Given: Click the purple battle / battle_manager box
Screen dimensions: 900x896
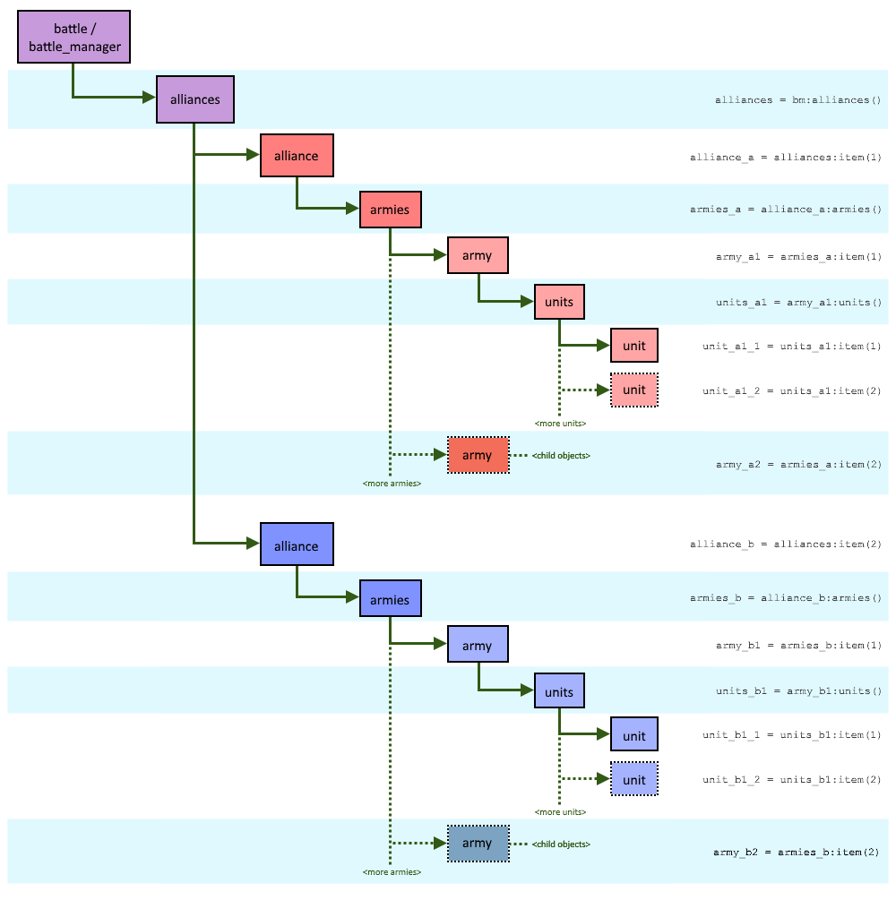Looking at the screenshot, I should [x=74, y=38].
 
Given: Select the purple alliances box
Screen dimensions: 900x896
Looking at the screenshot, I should [x=195, y=99].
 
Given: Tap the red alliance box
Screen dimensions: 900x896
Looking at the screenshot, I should [x=297, y=156].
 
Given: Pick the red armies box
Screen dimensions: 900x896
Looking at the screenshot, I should [x=390, y=210].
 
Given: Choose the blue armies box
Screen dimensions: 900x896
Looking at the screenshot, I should [x=390, y=600].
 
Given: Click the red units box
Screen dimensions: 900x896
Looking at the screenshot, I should [x=559, y=302].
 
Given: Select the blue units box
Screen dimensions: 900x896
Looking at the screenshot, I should [x=559, y=691].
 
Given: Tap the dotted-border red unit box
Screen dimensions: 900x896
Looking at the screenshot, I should [x=634, y=390].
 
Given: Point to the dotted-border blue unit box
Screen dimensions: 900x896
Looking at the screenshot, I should [x=634, y=779].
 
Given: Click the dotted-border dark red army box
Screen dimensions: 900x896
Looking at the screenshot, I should [x=478, y=456].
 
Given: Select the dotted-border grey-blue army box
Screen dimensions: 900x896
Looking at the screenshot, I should [x=478, y=844].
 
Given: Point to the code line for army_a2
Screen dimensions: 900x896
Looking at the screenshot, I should [x=798, y=465].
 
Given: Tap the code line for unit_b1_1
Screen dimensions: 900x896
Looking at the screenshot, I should [x=792, y=735].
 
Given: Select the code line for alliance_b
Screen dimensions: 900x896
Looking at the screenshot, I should [x=786, y=544].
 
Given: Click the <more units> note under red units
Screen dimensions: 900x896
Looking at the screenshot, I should [x=560, y=423].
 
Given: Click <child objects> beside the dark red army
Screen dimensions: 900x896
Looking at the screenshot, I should [x=561, y=456].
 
